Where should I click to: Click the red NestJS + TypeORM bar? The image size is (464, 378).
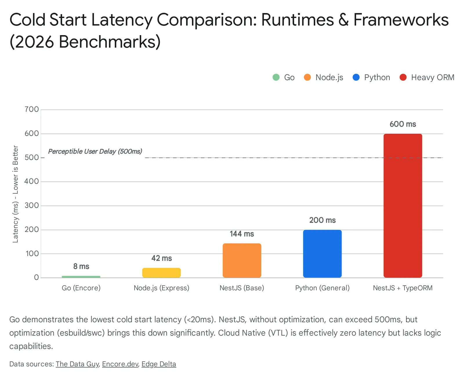[x=403, y=206]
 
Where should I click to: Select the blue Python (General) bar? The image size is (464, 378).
[x=322, y=253]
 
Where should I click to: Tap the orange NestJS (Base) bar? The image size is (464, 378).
[x=242, y=260]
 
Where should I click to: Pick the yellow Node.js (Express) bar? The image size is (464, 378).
[x=161, y=273]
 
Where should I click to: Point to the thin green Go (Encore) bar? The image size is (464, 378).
[x=81, y=277]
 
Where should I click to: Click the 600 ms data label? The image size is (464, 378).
[x=403, y=124]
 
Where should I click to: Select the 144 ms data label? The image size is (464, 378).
[x=242, y=234]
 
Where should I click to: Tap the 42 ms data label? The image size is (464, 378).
[x=162, y=258]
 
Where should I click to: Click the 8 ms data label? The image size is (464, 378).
[x=81, y=267]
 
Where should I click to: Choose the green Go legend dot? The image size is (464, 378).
[x=276, y=77]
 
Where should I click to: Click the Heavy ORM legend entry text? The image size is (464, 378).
[x=432, y=78]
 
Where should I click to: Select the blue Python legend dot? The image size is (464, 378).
[x=356, y=77]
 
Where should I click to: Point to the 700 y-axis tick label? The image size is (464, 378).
[x=32, y=109]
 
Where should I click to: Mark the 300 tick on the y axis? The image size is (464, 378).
[x=32, y=206]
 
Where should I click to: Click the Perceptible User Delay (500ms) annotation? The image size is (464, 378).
[x=95, y=151]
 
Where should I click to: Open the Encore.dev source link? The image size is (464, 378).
[x=120, y=364]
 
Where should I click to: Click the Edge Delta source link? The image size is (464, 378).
[x=159, y=364]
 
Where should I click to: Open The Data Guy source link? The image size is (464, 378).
[x=77, y=364]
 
